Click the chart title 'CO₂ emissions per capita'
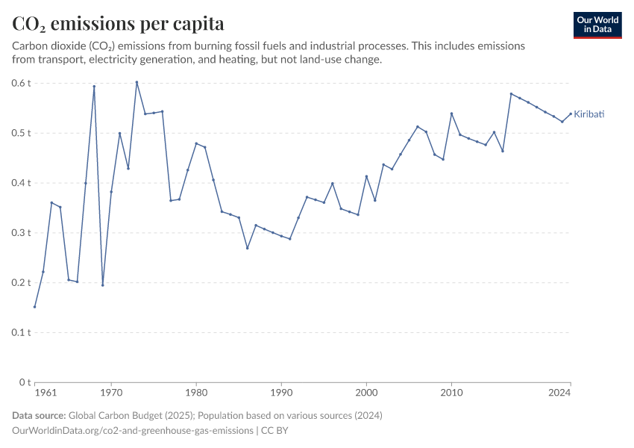[x=118, y=24]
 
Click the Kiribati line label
[x=589, y=114]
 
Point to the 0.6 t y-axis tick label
[x=21, y=83]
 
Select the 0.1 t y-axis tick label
[x=21, y=332]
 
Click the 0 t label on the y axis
[x=25, y=382]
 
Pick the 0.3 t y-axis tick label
[x=21, y=233]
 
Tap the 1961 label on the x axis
[x=45, y=392]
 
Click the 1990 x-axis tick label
[x=281, y=392]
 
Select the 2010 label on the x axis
[x=451, y=392]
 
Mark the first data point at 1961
[x=34, y=307]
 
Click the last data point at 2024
[x=571, y=113]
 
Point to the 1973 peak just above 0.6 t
[x=136, y=82]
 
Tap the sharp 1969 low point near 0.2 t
[x=103, y=285]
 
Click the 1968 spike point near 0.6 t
[x=94, y=86]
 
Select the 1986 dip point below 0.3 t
[x=247, y=248]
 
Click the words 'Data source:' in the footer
[x=39, y=415]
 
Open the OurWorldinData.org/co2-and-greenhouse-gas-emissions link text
[x=132, y=431]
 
